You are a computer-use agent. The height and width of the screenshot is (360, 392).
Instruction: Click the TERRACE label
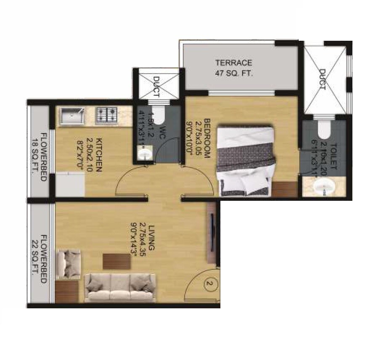click(x=233, y=63)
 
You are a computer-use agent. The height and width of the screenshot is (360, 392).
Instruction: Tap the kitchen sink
click(x=72, y=116)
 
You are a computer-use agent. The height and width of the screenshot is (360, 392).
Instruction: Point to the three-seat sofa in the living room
click(x=120, y=287)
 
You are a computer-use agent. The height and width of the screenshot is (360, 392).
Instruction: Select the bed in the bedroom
click(x=246, y=160)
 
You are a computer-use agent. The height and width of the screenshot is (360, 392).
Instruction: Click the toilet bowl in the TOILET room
click(x=323, y=130)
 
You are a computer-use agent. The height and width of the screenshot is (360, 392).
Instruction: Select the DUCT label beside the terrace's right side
click(x=323, y=79)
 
